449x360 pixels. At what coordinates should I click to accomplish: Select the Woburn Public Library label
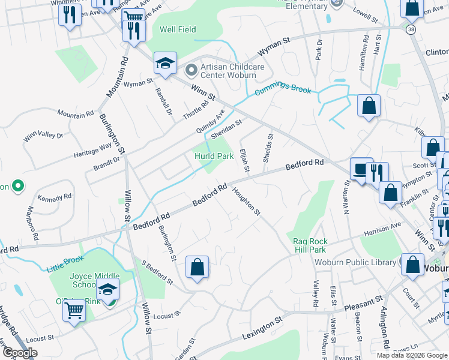point(356,262)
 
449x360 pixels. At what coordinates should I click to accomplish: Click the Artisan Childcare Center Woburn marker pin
point(191,71)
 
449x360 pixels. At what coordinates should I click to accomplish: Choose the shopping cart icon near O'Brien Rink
point(74,310)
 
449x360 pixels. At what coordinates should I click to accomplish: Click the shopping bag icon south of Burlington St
point(197,267)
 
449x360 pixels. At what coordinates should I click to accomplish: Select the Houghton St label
point(246,201)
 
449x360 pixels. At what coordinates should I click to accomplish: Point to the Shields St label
point(268,148)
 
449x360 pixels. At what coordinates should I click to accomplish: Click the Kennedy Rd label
point(54,197)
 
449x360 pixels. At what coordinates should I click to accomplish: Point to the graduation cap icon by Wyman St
point(165,64)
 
